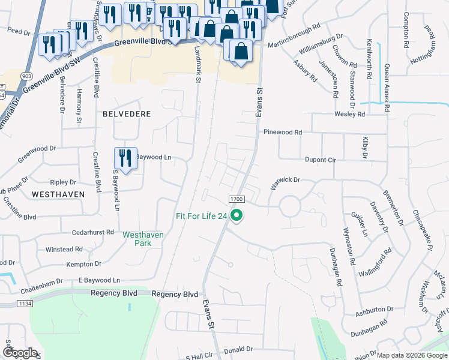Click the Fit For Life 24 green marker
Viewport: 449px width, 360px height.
point(237,215)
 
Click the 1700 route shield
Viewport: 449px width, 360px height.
point(236,199)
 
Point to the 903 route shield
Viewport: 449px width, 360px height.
point(26,77)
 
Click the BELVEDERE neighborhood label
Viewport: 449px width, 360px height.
point(126,113)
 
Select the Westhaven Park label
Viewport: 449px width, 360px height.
point(143,239)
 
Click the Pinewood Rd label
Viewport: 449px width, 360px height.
point(282,132)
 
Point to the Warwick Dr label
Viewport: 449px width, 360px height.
point(284,182)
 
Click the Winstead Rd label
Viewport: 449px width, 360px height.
point(64,249)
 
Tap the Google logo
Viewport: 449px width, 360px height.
point(19,352)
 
